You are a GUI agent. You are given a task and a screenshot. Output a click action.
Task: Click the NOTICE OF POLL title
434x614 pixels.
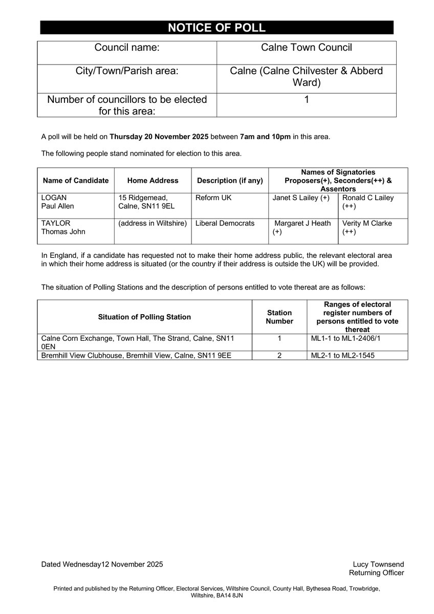[x=216, y=28]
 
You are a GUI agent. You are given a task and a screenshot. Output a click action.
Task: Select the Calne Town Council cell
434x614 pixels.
[x=306, y=48]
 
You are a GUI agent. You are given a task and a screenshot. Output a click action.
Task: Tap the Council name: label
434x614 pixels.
[x=127, y=48]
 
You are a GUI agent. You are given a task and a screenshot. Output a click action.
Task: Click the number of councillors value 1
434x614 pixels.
[x=306, y=100]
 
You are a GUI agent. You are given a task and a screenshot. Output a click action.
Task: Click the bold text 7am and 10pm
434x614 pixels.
[x=265, y=137]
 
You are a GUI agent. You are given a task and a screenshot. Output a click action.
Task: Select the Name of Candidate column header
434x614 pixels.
[x=76, y=180]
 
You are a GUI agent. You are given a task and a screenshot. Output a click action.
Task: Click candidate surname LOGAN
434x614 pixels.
[x=54, y=198]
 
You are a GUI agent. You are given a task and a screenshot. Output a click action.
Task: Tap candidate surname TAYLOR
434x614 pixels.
[x=55, y=224]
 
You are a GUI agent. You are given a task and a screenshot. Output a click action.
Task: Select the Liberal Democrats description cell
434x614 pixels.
[x=225, y=224]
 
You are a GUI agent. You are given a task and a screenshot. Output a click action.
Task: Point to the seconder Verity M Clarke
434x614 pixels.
[x=367, y=224]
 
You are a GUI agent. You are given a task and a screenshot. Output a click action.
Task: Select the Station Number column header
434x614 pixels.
[x=279, y=317]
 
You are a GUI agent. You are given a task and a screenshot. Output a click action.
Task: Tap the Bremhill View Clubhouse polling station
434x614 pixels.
[x=136, y=355]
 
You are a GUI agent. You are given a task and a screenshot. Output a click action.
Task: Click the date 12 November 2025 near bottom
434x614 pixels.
[x=133, y=564]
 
